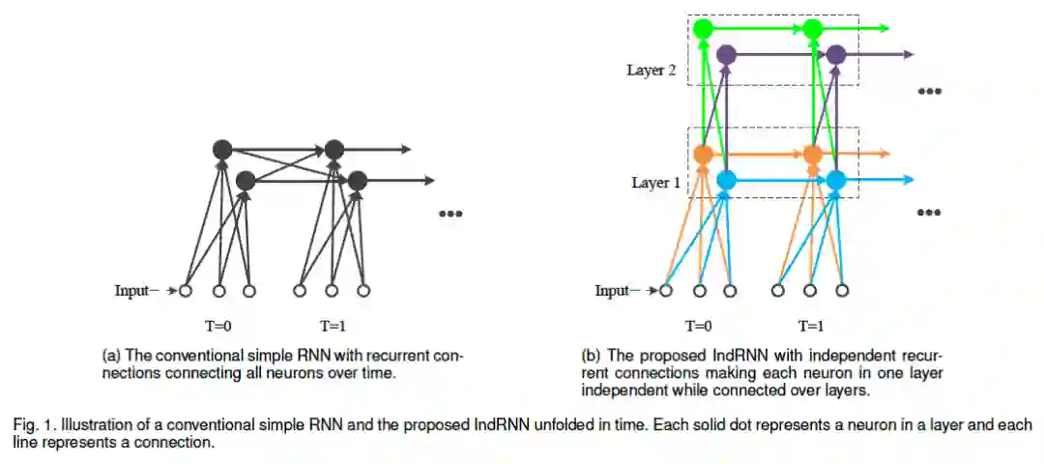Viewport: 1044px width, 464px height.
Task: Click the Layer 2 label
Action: pyautogui.click(x=651, y=71)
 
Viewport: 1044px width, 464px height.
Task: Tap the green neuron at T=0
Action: pyautogui.click(x=703, y=30)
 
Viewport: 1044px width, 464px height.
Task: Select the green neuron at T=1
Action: pyautogui.click(x=813, y=30)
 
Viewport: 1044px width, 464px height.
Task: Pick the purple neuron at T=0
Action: pyautogui.click(x=726, y=55)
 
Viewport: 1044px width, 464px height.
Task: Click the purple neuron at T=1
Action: pyautogui.click(x=836, y=55)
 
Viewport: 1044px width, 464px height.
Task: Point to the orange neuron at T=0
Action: pyautogui.click(x=703, y=154)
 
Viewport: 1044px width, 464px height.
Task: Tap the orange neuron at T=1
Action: pyautogui.click(x=813, y=154)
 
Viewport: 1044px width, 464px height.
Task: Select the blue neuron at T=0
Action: pyautogui.click(x=726, y=180)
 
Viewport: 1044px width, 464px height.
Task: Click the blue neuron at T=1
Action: pyautogui.click(x=836, y=180)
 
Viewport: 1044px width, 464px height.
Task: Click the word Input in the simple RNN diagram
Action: pyautogui.click(x=131, y=290)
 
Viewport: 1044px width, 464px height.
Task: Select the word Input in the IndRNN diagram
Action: pyautogui.click(x=611, y=290)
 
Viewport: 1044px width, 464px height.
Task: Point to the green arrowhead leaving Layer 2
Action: pyautogui.click(x=885, y=30)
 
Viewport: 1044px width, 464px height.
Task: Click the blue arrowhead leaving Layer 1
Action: pyautogui.click(x=909, y=180)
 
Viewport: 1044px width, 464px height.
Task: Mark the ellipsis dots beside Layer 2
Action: pyautogui.click(x=929, y=91)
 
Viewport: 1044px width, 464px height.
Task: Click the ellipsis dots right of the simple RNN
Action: pyautogui.click(x=450, y=213)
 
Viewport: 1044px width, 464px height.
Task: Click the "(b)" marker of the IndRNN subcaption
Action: pyautogui.click(x=592, y=356)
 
